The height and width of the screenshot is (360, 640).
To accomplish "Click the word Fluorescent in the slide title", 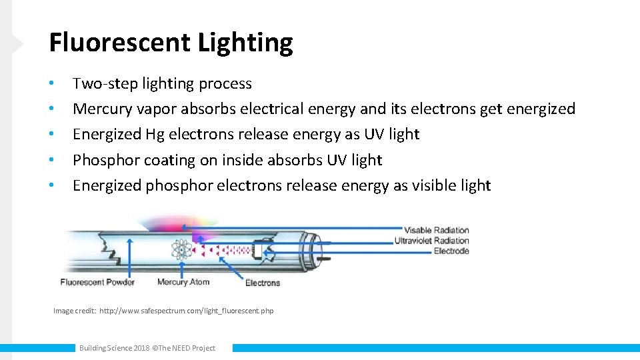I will (x=120, y=43).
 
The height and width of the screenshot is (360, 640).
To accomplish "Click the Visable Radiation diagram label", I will (x=436, y=230).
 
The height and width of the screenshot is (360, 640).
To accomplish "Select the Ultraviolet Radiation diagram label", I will (x=431, y=241).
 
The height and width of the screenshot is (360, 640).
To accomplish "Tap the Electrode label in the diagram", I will (x=451, y=251).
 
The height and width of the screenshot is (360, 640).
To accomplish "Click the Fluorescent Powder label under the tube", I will (x=97, y=282).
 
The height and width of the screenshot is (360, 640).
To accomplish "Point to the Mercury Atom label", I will (x=183, y=282).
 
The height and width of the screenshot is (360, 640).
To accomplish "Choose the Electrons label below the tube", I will (x=263, y=283).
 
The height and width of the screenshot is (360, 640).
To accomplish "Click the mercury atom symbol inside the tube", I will (x=181, y=250).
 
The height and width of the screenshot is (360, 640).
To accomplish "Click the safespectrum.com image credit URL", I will (x=186, y=311).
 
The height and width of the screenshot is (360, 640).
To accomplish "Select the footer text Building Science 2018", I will (x=114, y=348).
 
